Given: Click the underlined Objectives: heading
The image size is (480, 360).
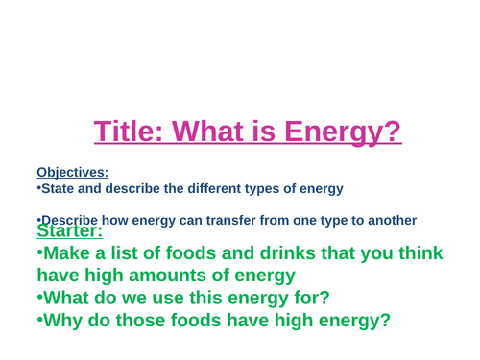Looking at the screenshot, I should click(73, 173).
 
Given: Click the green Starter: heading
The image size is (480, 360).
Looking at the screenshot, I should click(70, 231).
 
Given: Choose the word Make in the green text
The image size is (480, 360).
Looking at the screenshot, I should click(73, 253).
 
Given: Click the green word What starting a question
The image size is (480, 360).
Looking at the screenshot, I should click(73, 298).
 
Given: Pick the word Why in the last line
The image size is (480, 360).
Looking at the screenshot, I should click(66, 320).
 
